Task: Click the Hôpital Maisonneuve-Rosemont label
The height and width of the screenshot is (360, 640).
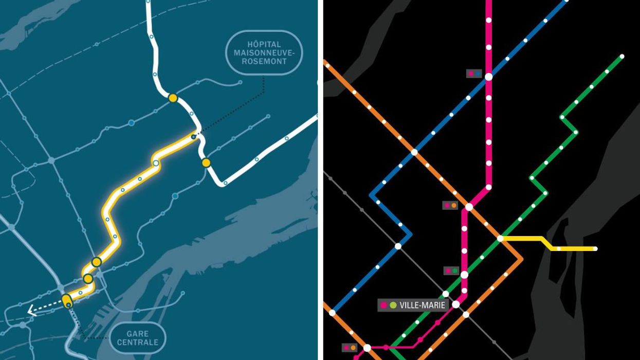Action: click(x=264, y=53)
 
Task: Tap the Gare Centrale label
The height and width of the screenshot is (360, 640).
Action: click(x=137, y=337)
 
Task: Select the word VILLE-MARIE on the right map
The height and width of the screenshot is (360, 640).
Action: click(x=423, y=305)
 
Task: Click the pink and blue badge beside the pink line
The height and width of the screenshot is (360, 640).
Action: click(x=473, y=74)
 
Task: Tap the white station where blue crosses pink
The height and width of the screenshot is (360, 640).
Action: click(x=488, y=77)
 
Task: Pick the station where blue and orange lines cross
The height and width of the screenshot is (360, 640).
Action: click(x=414, y=152)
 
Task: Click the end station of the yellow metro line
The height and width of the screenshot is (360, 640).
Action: click(x=595, y=249)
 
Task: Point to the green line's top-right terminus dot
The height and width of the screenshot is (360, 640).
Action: click(x=622, y=56)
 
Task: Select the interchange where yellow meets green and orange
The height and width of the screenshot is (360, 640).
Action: click(x=500, y=238)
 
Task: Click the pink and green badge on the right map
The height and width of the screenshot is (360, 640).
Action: click(x=450, y=271)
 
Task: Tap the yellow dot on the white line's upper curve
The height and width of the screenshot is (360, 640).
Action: click(x=173, y=98)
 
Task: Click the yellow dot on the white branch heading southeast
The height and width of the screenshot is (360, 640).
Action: click(x=206, y=163)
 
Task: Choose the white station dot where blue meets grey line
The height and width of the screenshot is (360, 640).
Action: click(x=398, y=246)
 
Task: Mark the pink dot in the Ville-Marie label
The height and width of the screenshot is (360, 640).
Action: click(x=383, y=305)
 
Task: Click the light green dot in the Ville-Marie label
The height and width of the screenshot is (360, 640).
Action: click(x=393, y=305)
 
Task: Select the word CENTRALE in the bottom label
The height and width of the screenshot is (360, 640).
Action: click(x=137, y=343)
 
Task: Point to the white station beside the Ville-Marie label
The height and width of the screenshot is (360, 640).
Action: click(x=455, y=304)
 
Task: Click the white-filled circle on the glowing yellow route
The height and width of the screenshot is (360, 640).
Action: click(x=155, y=163)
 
